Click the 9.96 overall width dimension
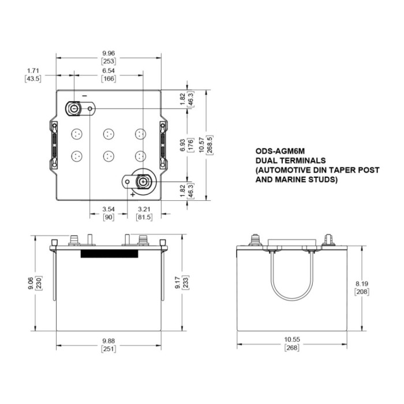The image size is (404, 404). [108, 57]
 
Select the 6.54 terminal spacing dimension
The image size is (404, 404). [108, 74]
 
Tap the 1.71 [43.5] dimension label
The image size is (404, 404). [33, 74]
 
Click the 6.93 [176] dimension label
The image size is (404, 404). [185, 142]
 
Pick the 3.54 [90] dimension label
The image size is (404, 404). [107, 213]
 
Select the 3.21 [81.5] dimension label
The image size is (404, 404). [143, 213]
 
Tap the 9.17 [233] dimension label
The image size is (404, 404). [185, 282]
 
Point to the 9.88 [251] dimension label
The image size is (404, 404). [108, 344]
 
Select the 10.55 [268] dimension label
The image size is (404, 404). [294, 344]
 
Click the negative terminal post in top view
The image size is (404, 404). [74, 108]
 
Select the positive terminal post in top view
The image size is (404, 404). [142, 182]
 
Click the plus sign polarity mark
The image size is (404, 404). [132, 194]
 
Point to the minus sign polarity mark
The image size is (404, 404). [84, 95]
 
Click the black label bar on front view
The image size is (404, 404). [109, 254]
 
